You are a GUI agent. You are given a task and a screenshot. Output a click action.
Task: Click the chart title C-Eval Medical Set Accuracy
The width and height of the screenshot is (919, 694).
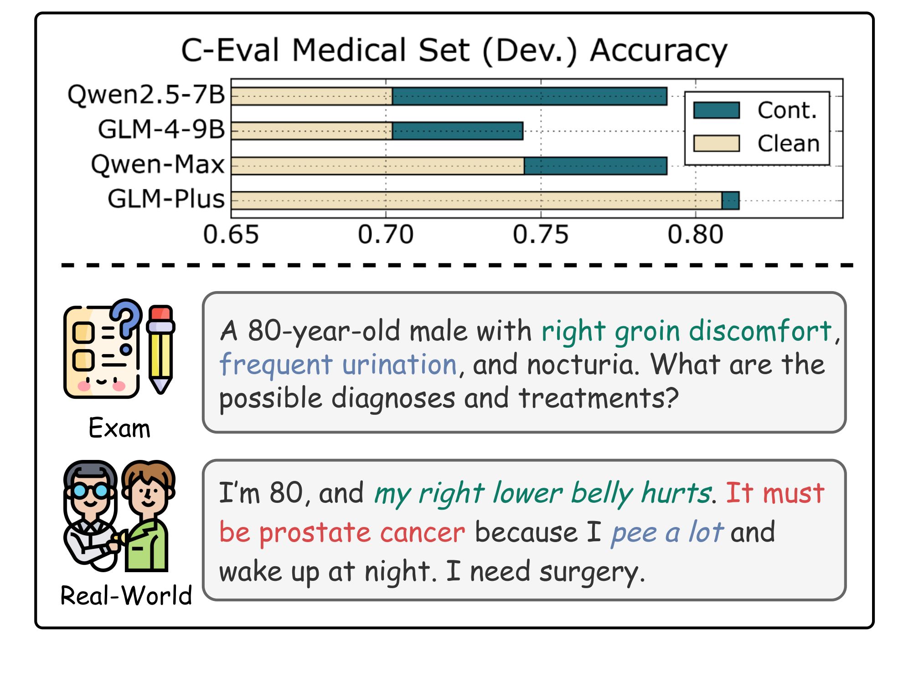pyautogui.click(x=454, y=50)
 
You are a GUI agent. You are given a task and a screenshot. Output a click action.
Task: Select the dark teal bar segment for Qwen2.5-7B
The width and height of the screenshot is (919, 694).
pyautogui.click(x=529, y=96)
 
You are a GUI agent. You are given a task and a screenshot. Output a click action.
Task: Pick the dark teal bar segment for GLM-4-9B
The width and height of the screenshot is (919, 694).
pyautogui.click(x=457, y=131)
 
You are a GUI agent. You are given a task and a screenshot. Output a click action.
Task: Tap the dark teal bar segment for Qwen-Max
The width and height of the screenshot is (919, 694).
pyautogui.click(x=595, y=166)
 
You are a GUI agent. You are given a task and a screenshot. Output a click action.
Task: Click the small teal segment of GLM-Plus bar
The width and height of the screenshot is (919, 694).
pyautogui.click(x=730, y=201)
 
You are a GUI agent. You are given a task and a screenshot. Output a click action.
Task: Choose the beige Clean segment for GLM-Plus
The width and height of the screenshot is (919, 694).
pyautogui.click(x=476, y=201)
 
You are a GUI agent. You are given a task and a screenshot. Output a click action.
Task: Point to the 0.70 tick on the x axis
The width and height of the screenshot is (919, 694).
pyautogui.click(x=386, y=235)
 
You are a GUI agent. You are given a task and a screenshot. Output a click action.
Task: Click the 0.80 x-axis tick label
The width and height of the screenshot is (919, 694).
pyautogui.click(x=695, y=235)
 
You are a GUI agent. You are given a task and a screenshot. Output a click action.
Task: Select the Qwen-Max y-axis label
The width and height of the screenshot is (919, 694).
pyautogui.click(x=158, y=164)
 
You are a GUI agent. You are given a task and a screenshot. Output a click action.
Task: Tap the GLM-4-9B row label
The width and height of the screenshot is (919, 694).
pyautogui.click(x=161, y=129)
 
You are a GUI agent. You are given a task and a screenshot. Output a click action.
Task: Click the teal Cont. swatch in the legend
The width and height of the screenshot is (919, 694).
pyautogui.click(x=716, y=110)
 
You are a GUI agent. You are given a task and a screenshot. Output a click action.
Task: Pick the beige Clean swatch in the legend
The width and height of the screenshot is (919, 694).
pyautogui.click(x=716, y=143)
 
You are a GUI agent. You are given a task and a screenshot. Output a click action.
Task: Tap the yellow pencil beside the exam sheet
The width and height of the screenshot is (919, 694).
pyautogui.click(x=160, y=349)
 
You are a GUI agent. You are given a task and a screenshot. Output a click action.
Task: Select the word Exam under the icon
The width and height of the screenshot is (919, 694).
pyautogui.click(x=119, y=428)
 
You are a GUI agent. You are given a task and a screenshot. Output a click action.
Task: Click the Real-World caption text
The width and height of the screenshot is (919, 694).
pyautogui.click(x=126, y=595)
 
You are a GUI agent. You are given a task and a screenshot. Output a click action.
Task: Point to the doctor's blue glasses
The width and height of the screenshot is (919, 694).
pyautogui.click(x=90, y=491)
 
